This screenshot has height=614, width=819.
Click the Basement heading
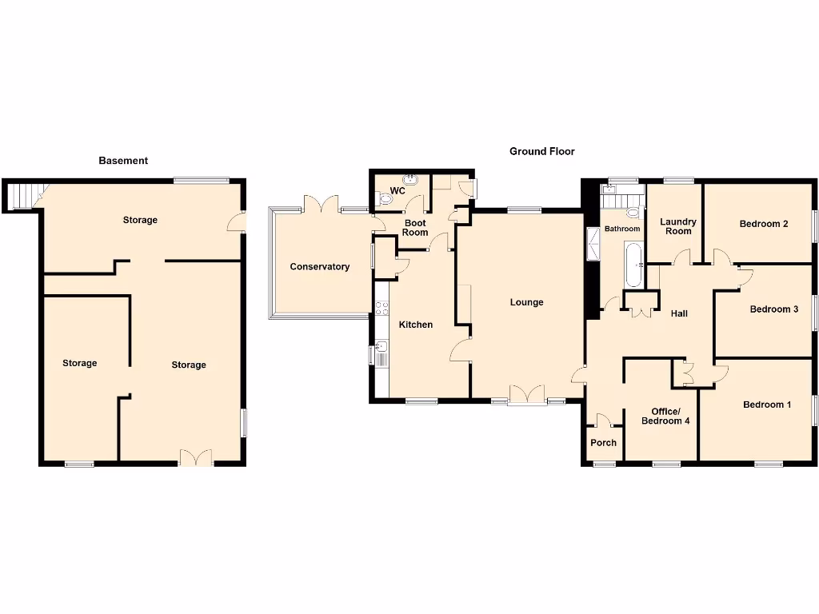pos(123,161)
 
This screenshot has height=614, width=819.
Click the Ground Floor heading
pos(542,151)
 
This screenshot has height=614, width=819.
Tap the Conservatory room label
pos(320,267)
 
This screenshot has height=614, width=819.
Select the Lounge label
pos(527,302)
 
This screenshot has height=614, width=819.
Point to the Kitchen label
pos(416,325)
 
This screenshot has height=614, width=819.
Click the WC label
pos(398,191)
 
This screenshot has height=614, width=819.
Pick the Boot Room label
pos(415,228)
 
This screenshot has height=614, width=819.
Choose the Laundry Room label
pos(678,226)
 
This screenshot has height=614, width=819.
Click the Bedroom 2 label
pos(764,224)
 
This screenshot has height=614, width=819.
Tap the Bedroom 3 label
pos(773,309)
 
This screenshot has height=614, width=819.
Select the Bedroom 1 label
pos(767,405)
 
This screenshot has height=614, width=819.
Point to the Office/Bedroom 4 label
pos(665,416)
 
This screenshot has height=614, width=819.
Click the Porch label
pos(604,443)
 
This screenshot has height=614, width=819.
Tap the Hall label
pos(679,314)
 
